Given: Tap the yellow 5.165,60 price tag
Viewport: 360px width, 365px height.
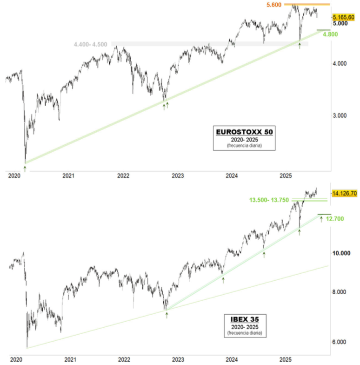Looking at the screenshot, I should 344,17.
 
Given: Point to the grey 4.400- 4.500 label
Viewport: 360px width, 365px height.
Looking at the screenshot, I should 90,45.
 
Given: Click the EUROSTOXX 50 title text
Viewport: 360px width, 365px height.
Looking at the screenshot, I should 244,132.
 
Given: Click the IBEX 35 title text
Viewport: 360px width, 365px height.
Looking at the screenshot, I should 244,320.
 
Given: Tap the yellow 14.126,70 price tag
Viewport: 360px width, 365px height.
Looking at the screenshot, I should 344,193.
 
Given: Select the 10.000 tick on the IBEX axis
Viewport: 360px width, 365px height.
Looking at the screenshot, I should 342,253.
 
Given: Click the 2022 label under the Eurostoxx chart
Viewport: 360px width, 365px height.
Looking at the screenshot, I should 123,176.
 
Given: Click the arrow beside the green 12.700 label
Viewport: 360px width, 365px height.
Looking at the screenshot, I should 321,218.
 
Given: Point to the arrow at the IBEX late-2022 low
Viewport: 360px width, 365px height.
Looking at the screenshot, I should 167,315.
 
